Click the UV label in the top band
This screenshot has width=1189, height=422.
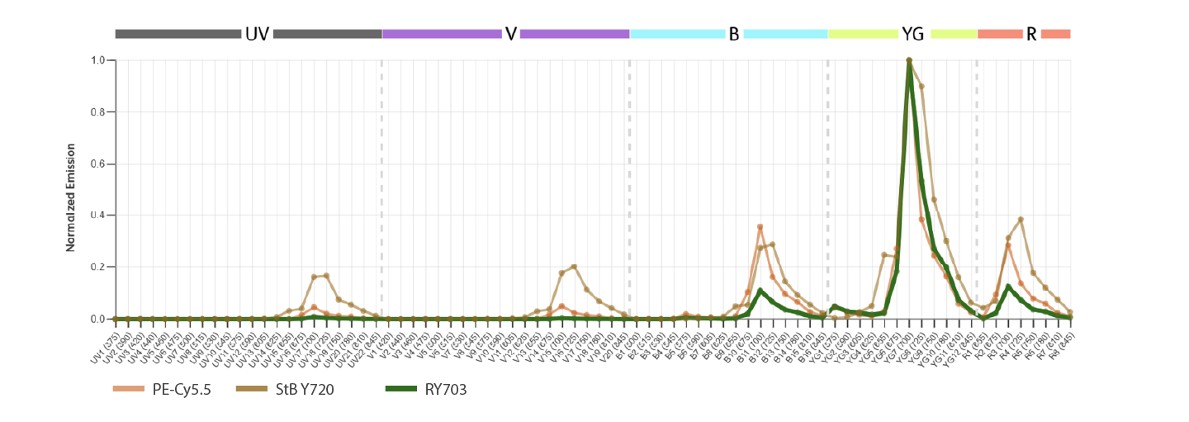coord(257,35)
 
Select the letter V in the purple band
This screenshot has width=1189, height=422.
coord(511,35)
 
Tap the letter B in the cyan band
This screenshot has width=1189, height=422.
coord(733,35)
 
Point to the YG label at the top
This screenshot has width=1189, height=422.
coord(913,35)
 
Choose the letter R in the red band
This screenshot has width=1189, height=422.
coord(1031,35)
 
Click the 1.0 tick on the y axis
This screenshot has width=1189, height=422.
coord(97,60)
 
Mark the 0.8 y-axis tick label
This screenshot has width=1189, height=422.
coord(97,111)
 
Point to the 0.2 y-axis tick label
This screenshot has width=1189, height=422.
coord(97,267)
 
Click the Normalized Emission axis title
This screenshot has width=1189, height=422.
coord(72,197)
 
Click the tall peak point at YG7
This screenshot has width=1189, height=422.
coord(909,60)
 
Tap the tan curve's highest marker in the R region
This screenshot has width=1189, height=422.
coord(1021,220)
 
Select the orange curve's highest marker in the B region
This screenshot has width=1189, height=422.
coord(760,227)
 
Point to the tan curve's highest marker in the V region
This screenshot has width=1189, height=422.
coord(574,267)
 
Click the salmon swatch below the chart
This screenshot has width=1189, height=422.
coord(133,391)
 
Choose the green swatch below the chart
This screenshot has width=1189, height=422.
coord(405,391)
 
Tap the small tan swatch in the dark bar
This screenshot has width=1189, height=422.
coord(255,391)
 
